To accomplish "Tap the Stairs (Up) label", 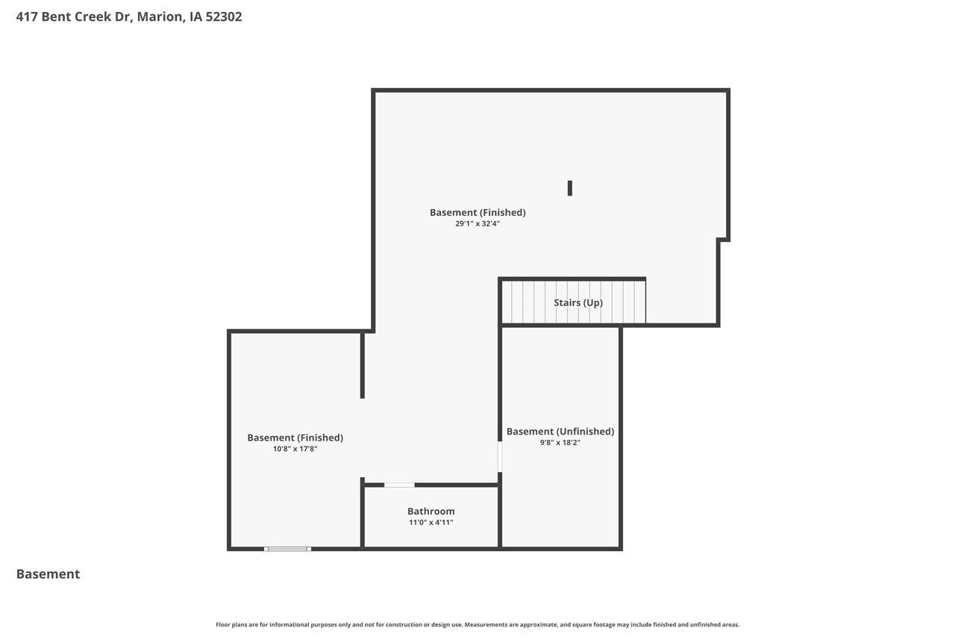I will pyautogui.click(x=578, y=302).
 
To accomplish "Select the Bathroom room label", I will pyautogui.click(x=430, y=512).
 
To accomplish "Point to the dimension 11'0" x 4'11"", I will pyautogui.click(x=430, y=523).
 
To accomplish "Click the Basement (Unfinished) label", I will pyautogui.click(x=560, y=432).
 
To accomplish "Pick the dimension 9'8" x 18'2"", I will pyautogui.click(x=560, y=443).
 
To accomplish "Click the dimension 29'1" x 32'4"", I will pyautogui.click(x=477, y=223).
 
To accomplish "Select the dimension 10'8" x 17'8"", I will pyautogui.click(x=295, y=449).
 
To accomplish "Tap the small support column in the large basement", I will pyautogui.click(x=570, y=188).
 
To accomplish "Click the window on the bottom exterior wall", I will pyautogui.click(x=287, y=549).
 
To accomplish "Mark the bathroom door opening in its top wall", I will pyautogui.click(x=399, y=485).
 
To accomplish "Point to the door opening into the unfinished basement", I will pyautogui.click(x=500, y=456).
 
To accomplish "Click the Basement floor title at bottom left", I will pyautogui.click(x=48, y=574).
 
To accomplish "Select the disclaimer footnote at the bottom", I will pyautogui.click(x=477, y=624).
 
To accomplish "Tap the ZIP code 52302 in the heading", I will pyautogui.click(x=221, y=16).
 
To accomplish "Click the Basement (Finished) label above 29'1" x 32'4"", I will pyautogui.click(x=477, y=213).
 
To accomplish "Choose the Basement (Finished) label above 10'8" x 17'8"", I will pyautogui.click(x=295, y=438).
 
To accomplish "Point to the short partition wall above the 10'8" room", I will pyautogui.click(x=363, y=365).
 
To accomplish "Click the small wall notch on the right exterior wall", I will pyautogui.click(x=722, y=240).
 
